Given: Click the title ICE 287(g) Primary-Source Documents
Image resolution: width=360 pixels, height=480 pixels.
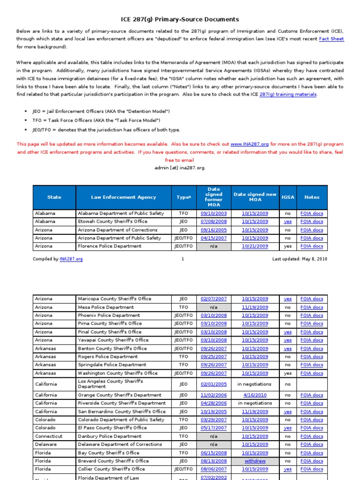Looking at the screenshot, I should [x=180, y=19].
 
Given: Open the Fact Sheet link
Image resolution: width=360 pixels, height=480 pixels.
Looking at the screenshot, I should [x=331, y=39].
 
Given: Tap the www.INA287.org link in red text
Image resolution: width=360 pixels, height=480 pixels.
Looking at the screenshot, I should [x=249, y=144].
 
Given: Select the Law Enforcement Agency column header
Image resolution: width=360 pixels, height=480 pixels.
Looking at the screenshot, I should [x=123, y=197].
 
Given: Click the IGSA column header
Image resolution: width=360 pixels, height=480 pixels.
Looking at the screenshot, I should [x=288, y=197].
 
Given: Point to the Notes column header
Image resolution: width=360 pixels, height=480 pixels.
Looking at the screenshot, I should [x=312, y=197].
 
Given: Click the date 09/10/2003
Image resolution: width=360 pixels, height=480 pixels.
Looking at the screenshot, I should [x=214, y=213].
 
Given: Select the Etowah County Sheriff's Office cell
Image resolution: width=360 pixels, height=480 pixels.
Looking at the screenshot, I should [x=112, y=221].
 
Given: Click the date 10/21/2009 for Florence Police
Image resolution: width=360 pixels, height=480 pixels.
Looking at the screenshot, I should [x=255, y=246].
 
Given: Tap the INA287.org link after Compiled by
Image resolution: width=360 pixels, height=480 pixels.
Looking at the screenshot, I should [x=71, y=259].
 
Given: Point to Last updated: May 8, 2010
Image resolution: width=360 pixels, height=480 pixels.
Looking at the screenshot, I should [x=300, y=259].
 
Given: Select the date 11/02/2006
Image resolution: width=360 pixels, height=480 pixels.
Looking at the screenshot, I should [x=214, y=395].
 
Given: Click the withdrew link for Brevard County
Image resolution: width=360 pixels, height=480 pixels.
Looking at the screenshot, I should [x=255, y=461].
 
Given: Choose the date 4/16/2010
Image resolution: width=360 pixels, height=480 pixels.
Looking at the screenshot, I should [x=255, y=395].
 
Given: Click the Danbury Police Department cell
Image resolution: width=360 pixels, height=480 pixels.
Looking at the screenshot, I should [x=110, y=436].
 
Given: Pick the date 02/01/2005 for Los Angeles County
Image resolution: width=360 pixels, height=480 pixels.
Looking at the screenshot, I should [x=214, y=384].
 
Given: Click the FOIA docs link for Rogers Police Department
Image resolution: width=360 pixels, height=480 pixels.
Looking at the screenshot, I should [x=312, y=357].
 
